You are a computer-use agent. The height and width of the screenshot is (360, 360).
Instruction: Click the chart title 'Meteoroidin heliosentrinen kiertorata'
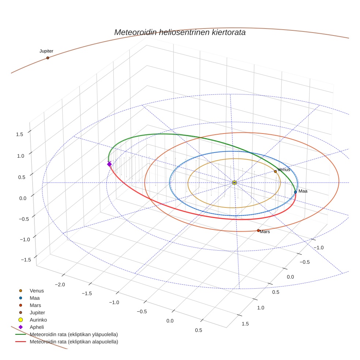(x=180, y=32)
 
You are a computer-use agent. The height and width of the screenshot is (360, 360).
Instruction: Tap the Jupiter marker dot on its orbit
(x=48, y=58)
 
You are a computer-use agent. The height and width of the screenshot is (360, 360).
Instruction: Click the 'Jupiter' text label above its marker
(x=46, y=51)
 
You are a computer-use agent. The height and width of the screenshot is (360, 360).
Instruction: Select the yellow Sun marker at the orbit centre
(x=235, y=183)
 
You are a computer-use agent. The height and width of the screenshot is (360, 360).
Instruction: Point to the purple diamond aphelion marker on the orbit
(x=109, y=164)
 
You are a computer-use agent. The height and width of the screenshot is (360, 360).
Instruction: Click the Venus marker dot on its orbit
(x=275, y=172)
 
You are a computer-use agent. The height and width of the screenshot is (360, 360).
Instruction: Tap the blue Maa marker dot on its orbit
(x=295, y=192)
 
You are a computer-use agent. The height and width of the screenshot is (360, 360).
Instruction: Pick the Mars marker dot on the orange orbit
(x=258, y=230)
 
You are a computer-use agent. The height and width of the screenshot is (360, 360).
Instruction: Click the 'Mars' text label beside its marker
(x=265, y=232)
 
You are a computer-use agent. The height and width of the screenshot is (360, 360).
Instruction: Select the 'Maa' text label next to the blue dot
(x=303, y=191)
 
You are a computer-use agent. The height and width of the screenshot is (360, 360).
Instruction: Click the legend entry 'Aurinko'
(x=38, y=320)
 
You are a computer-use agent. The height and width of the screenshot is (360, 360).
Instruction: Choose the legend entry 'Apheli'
(x=37, y=327)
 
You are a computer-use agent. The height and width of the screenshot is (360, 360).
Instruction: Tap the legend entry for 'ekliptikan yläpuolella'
(x=74, y=334)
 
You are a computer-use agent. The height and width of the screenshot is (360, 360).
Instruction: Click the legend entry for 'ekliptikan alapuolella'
(x=74, y=342)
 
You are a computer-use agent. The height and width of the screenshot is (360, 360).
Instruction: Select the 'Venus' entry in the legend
(x=37, y=291)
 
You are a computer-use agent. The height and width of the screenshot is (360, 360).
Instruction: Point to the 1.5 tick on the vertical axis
(x=20, y=134)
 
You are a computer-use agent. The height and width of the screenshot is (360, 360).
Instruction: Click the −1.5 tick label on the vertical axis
(x=26, y=259)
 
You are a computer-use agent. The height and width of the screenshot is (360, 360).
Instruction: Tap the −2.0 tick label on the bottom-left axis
(x=60, y=285)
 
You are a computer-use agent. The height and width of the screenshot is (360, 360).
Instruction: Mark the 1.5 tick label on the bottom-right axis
(x=245, y=324)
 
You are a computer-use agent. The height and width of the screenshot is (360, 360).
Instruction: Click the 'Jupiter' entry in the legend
(x=37, y=312)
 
